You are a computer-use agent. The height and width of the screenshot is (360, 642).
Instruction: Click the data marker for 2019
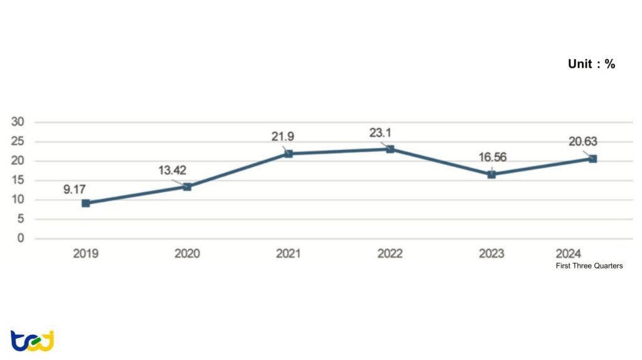coord(86,203)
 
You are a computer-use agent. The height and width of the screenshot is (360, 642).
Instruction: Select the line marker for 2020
coord(187,187)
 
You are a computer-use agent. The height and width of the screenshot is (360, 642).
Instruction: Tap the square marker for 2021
coord(288,154)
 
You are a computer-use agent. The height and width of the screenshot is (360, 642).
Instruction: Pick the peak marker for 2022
coord(390,149)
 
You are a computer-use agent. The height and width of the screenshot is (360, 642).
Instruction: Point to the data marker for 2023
coord(492,174)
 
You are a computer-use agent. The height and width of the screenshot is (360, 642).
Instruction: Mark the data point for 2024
coord(592,159)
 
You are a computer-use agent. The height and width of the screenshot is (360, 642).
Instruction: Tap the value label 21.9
coord(283,137)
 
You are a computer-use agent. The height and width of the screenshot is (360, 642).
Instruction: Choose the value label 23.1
coord(384,132)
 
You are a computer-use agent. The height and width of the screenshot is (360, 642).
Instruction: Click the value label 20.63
coord(582,142)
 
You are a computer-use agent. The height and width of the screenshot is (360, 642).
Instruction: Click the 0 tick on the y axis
coord(21,239)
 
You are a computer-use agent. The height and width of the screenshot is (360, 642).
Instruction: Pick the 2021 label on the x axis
coord(288,254)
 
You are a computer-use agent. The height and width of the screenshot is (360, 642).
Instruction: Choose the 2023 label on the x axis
coord(492,254)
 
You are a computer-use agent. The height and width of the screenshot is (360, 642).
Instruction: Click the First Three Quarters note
coord(589,266)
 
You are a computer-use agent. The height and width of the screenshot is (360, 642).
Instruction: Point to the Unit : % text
coord(591,64)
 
